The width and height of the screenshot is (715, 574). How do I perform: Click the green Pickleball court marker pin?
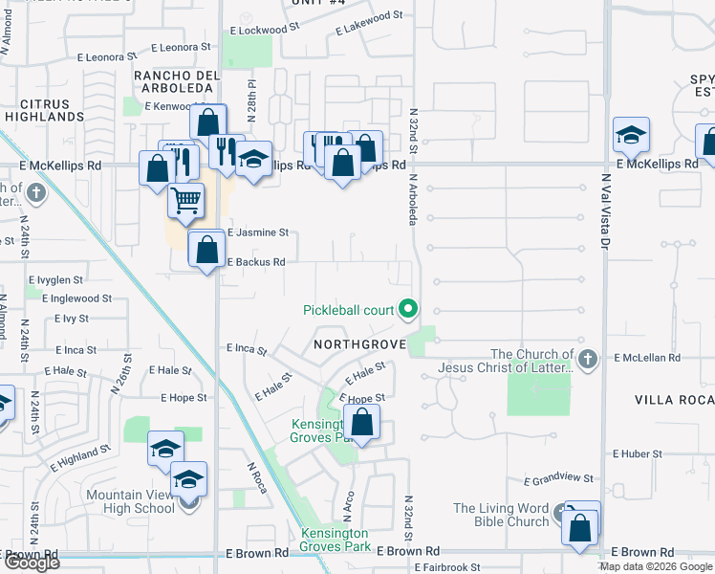(409, 308)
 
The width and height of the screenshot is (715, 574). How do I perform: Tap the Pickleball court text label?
(349, 310)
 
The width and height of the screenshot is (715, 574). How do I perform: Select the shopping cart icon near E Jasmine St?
(186, 201)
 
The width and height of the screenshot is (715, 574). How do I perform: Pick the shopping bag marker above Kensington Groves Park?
(362, 422)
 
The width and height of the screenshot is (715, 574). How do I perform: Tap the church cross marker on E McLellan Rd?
(588, 360)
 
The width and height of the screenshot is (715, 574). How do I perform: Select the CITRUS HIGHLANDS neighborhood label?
(44, 110)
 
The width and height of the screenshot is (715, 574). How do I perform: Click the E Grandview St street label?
(559, 478)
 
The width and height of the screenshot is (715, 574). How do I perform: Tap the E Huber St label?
(639, 453)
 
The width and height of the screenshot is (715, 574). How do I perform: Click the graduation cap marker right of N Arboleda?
(631, 136)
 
